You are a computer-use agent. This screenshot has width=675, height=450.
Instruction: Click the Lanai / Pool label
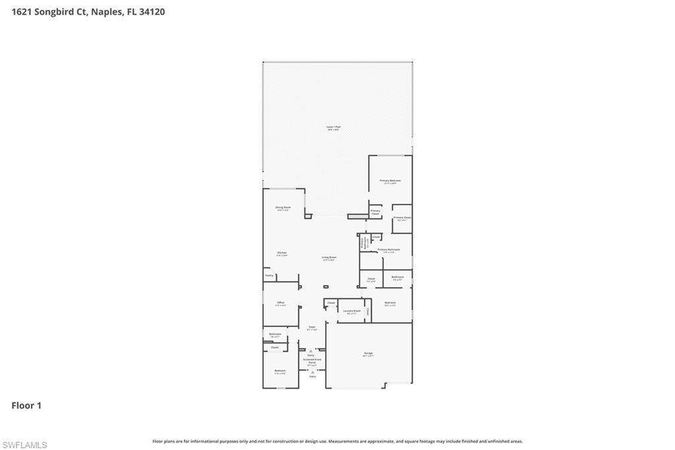334,127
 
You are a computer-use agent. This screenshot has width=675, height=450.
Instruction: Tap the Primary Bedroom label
390,180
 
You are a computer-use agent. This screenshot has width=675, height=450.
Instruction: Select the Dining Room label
283,207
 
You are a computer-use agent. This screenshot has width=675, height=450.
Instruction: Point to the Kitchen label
281,253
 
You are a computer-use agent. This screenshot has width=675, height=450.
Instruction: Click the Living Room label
329,257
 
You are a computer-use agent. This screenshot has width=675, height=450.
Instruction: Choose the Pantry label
269,275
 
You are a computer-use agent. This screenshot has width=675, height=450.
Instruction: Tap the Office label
281,303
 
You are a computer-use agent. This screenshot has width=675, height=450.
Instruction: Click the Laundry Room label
352,311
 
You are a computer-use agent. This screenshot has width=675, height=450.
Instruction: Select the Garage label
368,354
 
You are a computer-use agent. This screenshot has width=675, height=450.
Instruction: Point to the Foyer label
312,327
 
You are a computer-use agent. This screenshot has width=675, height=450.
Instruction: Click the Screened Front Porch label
312,361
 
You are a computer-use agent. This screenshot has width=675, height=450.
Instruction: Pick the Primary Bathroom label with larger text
389,249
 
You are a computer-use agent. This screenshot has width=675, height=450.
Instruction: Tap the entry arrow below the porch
312,372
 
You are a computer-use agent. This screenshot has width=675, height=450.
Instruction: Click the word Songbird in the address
55,11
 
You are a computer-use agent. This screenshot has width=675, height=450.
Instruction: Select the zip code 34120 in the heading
152,11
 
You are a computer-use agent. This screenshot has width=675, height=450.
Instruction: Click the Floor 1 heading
26,406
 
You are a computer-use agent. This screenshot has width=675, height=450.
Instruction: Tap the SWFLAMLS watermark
24,445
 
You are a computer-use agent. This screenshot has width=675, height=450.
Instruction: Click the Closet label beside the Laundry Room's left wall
331,303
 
